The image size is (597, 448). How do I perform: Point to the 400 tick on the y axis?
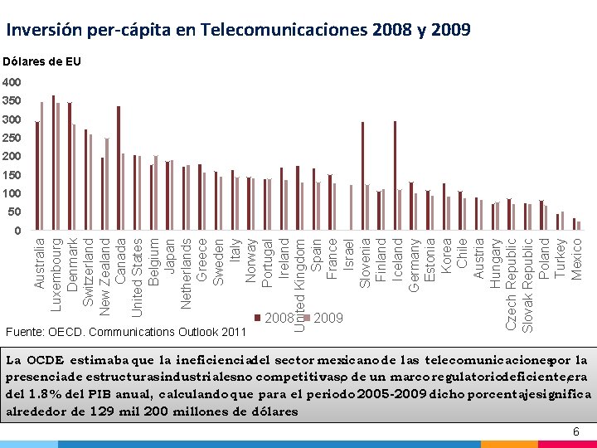click(x=12, y=83)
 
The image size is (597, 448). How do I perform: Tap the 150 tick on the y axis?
click(x=12, y=175)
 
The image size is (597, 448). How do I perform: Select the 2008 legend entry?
click(x=278, y=318)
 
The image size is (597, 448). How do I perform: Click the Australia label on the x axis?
click(x=39, y=261)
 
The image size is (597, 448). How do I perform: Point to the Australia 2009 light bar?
click(x=41, y=166)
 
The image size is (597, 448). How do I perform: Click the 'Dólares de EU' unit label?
click(x=41, y=62)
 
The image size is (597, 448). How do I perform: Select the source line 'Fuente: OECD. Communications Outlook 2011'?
click(x=126, y=332)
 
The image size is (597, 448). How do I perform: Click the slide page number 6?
click(x=577, y=433)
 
